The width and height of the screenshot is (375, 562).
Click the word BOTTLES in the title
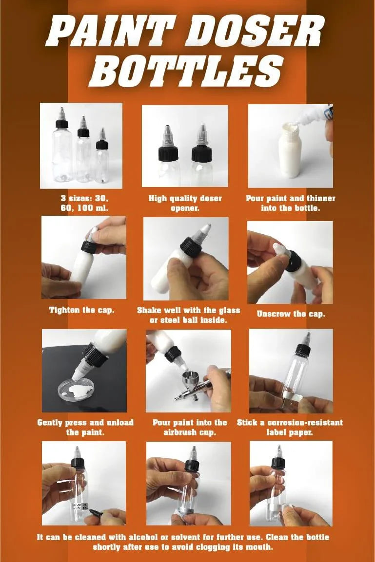click(x=187, y=70)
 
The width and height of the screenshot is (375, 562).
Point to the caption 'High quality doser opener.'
click(x=185, y=203)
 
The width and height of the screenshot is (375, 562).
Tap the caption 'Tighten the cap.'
click(x=81, y=310)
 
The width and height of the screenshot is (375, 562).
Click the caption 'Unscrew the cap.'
click(x=291, y=314)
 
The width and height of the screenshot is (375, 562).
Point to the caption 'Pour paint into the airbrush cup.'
click(x=190, y=427)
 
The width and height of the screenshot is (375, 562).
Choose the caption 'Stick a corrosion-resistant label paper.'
click(x=290, y=427)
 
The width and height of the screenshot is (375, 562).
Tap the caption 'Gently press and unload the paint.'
click(x=85, y=427)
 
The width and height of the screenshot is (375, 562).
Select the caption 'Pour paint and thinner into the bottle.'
click(x=291, y=203)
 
